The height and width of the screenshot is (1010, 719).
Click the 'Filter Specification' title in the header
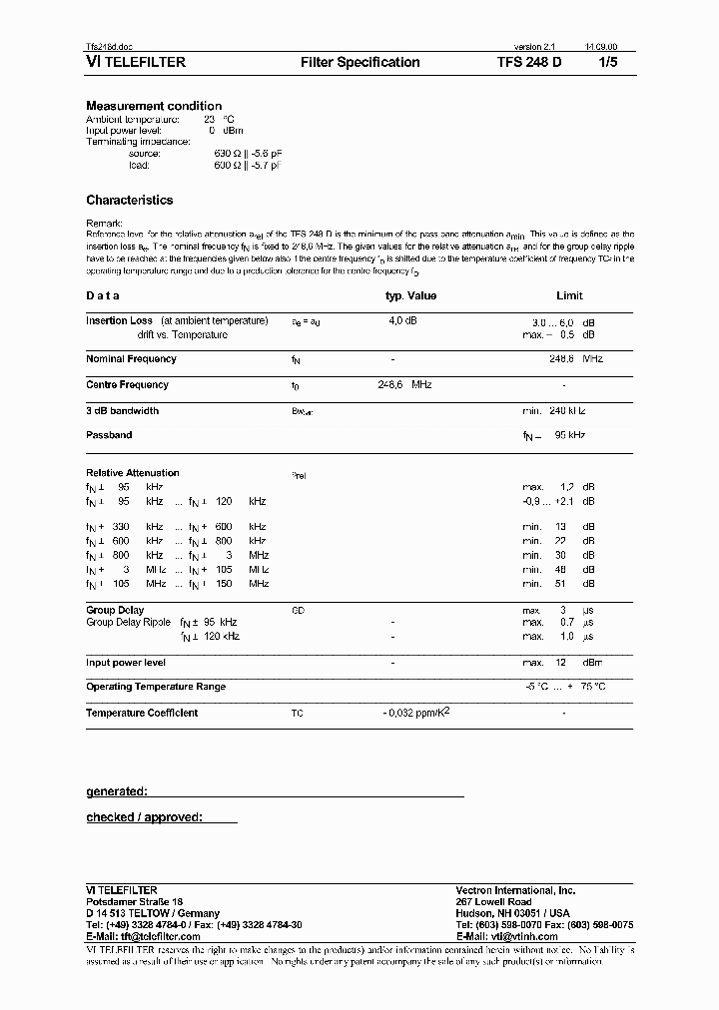click(x=359, y=62)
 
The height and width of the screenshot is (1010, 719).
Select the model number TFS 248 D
click(x=529, y=62)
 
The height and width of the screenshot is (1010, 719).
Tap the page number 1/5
click(x=607, y=62)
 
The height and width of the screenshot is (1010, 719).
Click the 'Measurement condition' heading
click(x=154, y=106)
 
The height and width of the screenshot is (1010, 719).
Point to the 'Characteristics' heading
click(x=129, y=200)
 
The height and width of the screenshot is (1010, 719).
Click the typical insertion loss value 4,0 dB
click(x=402, y=321)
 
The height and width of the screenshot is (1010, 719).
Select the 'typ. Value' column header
click(x=410, y=295)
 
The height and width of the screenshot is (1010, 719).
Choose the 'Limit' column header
click(x=569, y=295)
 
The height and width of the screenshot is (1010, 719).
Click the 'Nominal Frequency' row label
click(x=131, y=359)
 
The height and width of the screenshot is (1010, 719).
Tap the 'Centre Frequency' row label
click(x=127, y=385)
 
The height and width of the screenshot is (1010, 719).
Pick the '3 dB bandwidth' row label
click(x=122, y=411)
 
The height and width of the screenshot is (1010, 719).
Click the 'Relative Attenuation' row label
click(x=133, y=473)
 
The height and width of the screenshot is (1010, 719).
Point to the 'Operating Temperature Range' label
click(x=156, y=687)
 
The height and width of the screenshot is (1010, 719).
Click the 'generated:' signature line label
click(x=117, y=791)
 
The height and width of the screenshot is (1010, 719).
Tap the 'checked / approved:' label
click(x=144, y=817)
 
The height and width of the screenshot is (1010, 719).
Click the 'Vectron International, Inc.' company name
click(x=515, y=890)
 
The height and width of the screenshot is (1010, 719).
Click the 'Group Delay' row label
click(x=115, y=610)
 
